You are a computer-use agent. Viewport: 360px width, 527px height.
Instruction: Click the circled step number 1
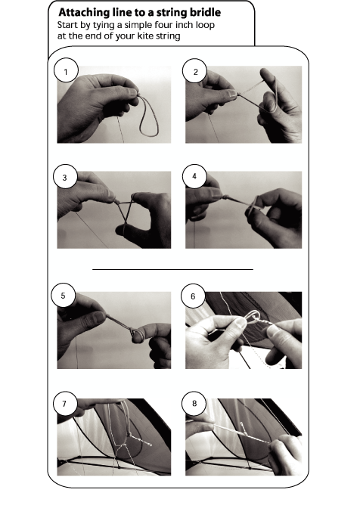pyautogui.click(x=66, y=71)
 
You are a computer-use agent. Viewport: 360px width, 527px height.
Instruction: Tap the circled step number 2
pyautogui.click(x=195, y=71)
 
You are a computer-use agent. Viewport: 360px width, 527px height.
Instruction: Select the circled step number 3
pyautogui.click(x=65, y=177)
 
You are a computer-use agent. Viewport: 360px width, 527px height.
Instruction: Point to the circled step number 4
pyautogui.click(x=194, y=176)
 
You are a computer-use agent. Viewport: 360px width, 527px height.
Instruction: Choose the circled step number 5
pyautogui.click(x=64, y=296)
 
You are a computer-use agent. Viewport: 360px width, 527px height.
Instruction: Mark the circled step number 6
pyautogui.click(x=193, y=296)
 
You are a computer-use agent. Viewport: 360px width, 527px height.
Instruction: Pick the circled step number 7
pyautogui.click(x=65, y=403)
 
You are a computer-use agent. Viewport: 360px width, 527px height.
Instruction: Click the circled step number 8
pyautogui.click(x=194, y=403)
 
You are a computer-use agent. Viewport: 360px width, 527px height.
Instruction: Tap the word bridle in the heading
pyautogui.click(x=205, y=12)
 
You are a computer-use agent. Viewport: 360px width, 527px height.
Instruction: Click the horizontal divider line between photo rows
pyautogui.click(x=172, y=269)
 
